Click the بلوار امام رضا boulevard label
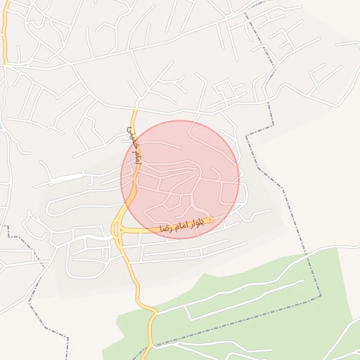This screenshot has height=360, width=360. (x=181, y=226)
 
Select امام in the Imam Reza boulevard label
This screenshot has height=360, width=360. (x=181, y=226)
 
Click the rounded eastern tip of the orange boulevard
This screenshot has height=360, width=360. (x=210, y=220)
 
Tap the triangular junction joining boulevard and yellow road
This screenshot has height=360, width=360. (x=118, y=229)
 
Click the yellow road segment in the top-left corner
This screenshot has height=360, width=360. (x=4, y=35)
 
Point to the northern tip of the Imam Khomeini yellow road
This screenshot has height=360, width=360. (x=135, y=109)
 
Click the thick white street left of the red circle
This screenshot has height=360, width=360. (x=63, y=178)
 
